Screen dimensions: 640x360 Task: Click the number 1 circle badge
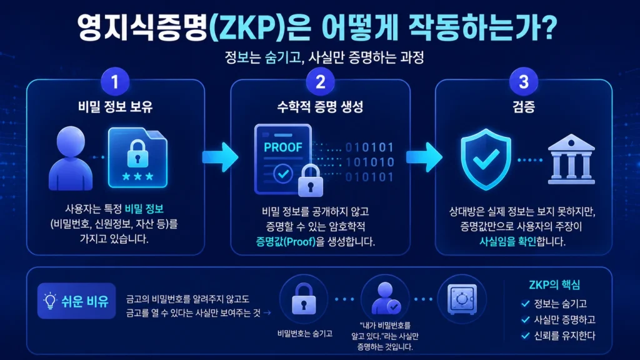click(115, 82)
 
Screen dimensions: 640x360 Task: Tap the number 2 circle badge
click(321, 82)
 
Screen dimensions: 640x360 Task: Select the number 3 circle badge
click(524, 82)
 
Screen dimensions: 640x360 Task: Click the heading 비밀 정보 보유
click(116, 107)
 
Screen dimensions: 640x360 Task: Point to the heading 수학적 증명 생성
click(321, 107)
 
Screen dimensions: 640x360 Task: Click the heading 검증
click(524, 107)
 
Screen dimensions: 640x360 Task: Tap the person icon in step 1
click(71, 158)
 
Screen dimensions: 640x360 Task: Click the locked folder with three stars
click(138, 157)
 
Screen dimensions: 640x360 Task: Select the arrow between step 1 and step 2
click(220, 157)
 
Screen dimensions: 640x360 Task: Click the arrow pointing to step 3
click(424, 157)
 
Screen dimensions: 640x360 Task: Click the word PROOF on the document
click(283, 147)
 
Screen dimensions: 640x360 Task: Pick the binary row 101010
click(370, 162)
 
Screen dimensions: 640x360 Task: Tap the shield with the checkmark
click(486, 159)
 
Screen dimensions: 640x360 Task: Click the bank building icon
click(571, 159)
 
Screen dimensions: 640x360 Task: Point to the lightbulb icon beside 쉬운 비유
click(50, 301)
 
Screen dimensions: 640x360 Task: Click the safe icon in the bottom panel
click(462, 299)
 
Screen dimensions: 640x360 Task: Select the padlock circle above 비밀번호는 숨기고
click(303, 299)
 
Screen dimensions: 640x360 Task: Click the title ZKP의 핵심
click(554, 284)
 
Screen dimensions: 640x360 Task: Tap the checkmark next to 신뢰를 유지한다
click(525, 336)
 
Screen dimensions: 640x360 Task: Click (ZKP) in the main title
click(247, 27)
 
